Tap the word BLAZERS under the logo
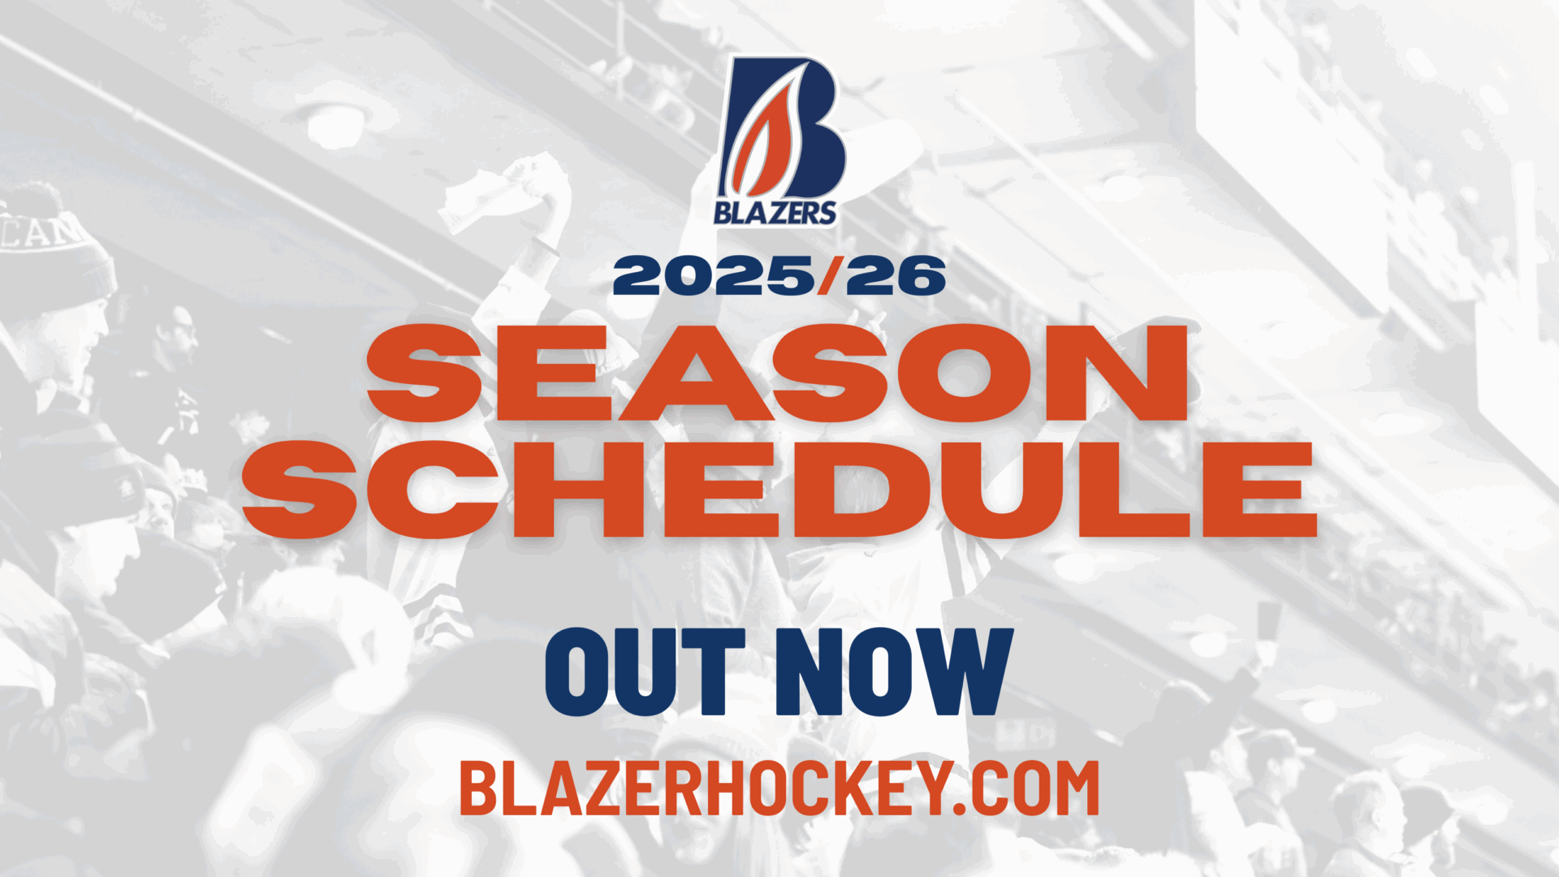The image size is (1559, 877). click(x=775, y=213)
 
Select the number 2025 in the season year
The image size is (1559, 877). click(x=715, y=276)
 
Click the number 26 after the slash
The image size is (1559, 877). click(x=896, y=276)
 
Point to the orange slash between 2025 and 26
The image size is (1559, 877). click(x=830, y=276)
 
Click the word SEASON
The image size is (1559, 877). click(x=778, y=373)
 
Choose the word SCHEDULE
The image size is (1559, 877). click(x=779, y=490)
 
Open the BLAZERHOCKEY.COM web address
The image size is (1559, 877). click(x=779, y=788)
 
